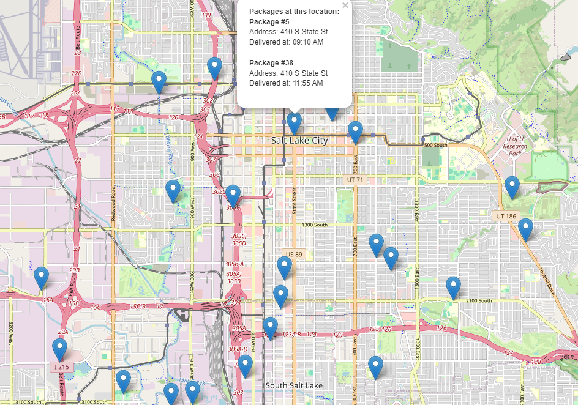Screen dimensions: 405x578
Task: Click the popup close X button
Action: (x=345, y=6)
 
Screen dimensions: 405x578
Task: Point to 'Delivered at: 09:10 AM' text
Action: (x=286, y=42)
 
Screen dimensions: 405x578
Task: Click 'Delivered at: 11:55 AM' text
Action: (x=286, y=83)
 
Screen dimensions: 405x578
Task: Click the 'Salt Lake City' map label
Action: (x=299, y=141)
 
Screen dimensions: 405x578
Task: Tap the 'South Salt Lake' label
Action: (x=294, y=385)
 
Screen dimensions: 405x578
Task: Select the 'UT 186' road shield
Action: (x=506, y=216)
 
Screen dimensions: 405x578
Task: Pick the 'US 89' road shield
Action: (x=293, y=253)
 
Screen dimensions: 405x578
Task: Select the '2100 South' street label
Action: (x=478, y=300)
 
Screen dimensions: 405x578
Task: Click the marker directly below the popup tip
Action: (x=295, y=122)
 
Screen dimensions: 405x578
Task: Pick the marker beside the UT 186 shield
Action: (x=512, y=187)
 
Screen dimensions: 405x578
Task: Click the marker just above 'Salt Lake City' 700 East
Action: (x=355, y=132)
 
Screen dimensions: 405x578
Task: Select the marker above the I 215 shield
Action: (x=59, y=349)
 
